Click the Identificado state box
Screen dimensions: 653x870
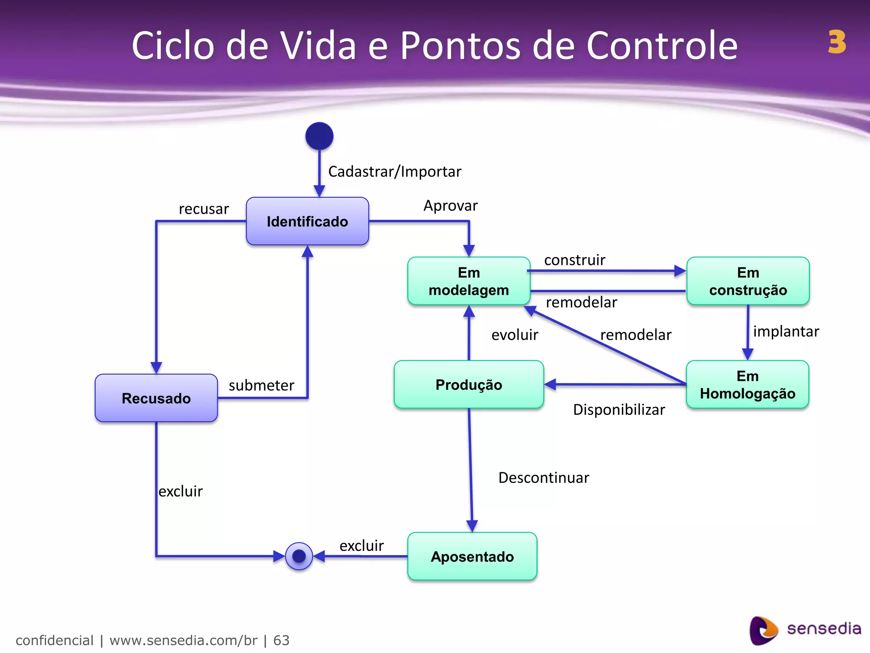307,221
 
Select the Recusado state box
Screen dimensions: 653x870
156,398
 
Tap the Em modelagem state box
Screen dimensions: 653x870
469,281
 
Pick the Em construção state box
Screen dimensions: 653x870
748,281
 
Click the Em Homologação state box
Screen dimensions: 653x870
747,384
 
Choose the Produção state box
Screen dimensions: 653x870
469,384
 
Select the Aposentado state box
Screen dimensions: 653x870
472,556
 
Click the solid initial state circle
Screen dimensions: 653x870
319,136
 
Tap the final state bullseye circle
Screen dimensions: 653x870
299,556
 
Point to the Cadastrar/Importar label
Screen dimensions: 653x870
394,171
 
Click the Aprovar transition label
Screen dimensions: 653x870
450,205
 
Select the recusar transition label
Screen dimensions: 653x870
203,209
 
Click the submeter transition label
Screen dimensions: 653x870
261,385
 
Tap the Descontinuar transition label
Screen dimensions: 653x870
543,477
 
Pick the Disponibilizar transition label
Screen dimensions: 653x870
619,409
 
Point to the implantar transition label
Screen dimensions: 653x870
786,331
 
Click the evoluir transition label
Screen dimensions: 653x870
514,335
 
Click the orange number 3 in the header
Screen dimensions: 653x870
836,42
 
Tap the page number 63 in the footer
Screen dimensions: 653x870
281,640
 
